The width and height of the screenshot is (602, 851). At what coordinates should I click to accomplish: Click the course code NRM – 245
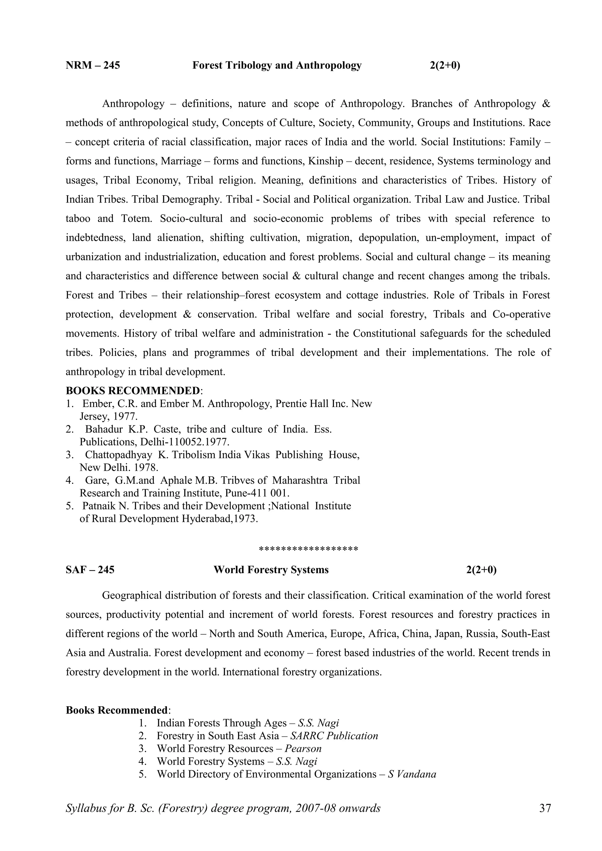(x=93, y=65)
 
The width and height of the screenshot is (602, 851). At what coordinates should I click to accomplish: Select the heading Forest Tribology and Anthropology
(x=277, y=65)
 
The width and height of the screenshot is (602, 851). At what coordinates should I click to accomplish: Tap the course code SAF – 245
(x=90, y=570)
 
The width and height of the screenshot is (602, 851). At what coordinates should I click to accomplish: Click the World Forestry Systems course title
(x=271, y=570)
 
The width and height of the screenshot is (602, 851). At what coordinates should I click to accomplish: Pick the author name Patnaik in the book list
(x=96, y=506)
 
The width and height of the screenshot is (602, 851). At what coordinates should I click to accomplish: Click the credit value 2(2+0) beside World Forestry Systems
(x=481, y=570)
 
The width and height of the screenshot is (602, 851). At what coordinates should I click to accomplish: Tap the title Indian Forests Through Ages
(x=221, y=723)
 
